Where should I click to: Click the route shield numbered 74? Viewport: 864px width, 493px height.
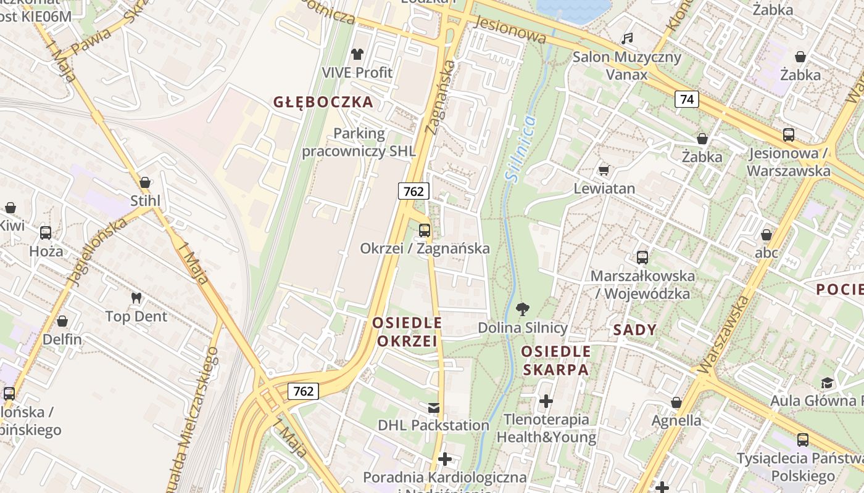686,99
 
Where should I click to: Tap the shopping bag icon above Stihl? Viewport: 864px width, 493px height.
145,182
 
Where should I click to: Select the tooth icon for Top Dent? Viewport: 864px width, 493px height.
136,298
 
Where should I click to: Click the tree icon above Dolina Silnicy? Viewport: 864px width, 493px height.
522,309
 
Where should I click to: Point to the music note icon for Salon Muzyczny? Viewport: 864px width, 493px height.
627,39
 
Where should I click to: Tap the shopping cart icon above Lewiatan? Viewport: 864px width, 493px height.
604,170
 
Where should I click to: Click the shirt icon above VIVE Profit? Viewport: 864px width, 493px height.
357,54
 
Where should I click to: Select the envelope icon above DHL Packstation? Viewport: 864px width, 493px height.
433,407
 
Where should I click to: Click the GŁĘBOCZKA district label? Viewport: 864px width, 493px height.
323,102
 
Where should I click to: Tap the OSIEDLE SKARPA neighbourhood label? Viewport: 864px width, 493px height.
555,361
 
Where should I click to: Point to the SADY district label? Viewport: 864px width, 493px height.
634,330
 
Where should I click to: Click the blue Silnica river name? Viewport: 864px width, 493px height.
520,148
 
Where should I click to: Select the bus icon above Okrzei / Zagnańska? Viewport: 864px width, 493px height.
425,230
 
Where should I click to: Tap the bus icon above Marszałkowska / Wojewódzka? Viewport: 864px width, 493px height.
642,258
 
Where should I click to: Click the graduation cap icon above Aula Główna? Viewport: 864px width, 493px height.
827,383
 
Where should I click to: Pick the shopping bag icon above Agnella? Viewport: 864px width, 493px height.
676,402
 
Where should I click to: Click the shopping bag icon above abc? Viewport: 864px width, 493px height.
766,235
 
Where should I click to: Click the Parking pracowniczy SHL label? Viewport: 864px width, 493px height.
358,142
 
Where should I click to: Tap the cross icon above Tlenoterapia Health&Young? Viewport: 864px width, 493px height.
546,402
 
